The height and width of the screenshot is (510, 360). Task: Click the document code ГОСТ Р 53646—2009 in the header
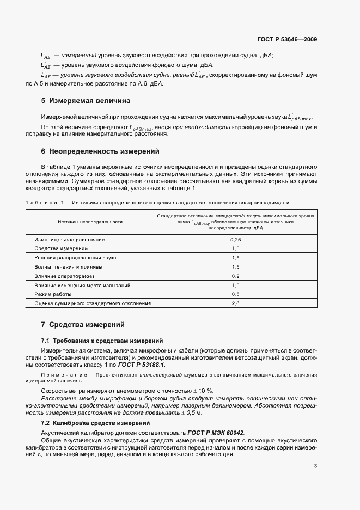(288, 39)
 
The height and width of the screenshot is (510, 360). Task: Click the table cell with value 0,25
(235, 239)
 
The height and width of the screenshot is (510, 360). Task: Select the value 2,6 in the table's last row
(235, 303)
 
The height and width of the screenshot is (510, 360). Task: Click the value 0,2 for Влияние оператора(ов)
(235, 276)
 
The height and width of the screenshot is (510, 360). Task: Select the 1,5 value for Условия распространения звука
(235, 257)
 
